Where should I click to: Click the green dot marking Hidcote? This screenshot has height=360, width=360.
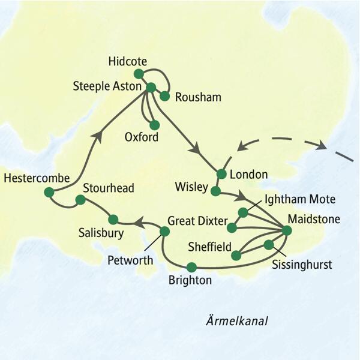tap(139, 74)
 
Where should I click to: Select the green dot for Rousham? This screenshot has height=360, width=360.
tap(164, 95)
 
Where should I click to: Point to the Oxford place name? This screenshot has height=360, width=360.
tap(142, 137)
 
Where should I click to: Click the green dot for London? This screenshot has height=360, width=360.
tap(221, 174)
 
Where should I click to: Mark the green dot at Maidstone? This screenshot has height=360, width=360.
tap(286, 230)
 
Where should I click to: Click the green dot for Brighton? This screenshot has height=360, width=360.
tap(191, 267)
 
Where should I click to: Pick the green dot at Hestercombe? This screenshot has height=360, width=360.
tap(49, 192)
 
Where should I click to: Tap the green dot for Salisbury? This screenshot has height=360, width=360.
tap(112, 219)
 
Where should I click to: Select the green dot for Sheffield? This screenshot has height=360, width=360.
tap(236, 256)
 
